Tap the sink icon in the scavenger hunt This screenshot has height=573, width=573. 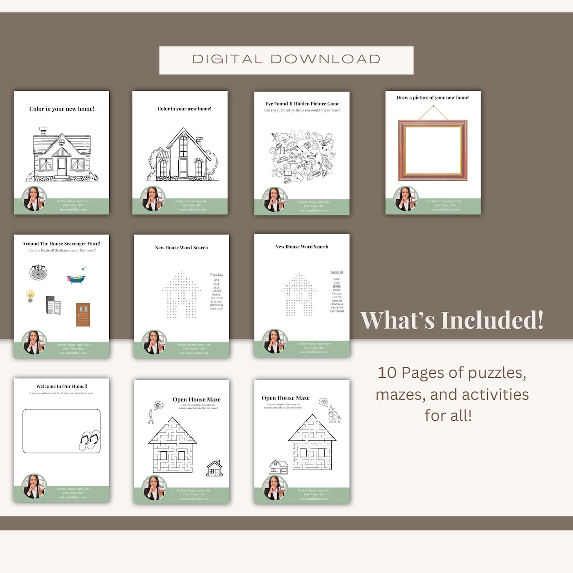[38, 272]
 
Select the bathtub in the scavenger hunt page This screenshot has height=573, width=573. [76, 277]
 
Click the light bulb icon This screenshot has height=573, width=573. [30, 296]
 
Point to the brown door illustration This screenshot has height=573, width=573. [83, 315]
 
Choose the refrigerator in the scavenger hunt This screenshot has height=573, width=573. [53, 305]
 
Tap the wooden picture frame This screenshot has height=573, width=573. [433, 150]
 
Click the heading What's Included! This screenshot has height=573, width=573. [452, 320]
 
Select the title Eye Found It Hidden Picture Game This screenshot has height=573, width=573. [302, 104]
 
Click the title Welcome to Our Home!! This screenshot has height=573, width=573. [61, 387]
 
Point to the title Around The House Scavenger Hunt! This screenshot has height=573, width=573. [61, 244]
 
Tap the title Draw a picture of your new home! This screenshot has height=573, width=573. [433, 98]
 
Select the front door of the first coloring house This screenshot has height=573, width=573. [61, 166]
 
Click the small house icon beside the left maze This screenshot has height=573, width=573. [215, 468]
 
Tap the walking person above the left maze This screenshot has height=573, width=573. [150, 416]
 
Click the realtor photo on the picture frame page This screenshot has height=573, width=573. [406, 199]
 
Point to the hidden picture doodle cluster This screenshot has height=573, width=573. [302, 154]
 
